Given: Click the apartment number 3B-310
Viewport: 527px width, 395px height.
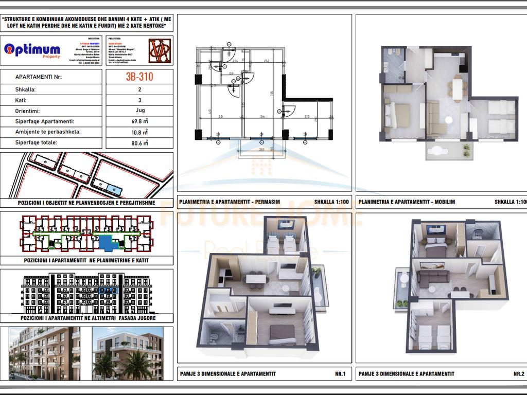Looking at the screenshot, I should pos(139,77).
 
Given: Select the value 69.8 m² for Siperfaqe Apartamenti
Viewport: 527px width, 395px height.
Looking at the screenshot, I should pos(139,121).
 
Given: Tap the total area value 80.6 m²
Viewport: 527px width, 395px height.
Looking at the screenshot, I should pos(139,143).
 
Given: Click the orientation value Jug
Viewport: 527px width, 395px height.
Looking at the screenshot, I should pos(139,110).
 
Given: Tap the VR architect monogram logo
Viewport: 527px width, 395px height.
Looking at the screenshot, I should pos(159,50).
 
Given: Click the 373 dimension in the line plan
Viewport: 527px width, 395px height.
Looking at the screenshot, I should pos(307,117).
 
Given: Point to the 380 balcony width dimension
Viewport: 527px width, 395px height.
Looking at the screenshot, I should pos(261,150).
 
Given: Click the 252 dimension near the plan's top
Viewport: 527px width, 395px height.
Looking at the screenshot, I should pos(267,60).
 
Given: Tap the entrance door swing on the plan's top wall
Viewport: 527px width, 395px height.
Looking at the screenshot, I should pos(230,51).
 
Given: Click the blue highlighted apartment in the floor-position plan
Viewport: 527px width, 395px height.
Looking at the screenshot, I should pos(108,242).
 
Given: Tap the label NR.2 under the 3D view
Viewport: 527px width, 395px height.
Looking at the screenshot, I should pos(518,374).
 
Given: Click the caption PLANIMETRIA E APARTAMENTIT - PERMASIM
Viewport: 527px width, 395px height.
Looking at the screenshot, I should pos(230,202).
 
